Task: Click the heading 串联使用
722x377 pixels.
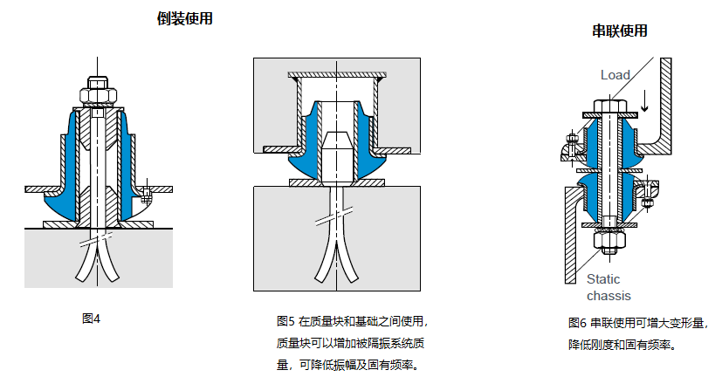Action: tap(620, 31)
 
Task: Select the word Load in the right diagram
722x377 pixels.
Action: tap(615, 76)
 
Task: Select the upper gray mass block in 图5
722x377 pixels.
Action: tap(271, 105)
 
